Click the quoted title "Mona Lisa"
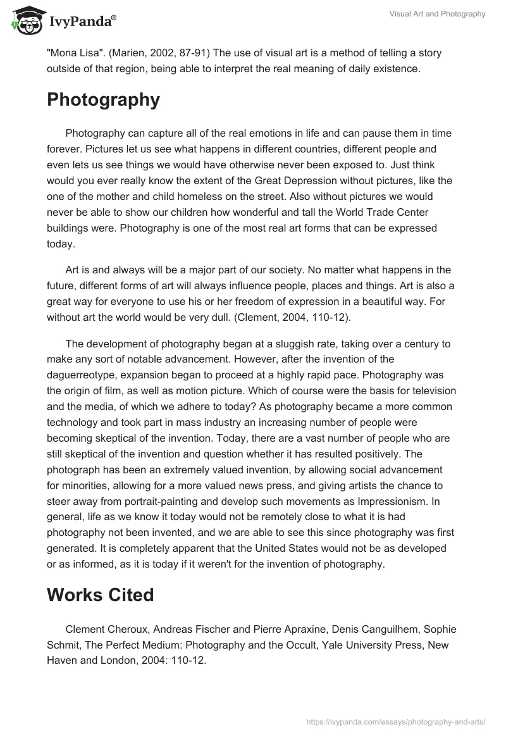pos(71,53)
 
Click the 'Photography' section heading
pos(103,99)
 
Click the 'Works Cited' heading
pos(101,595)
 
